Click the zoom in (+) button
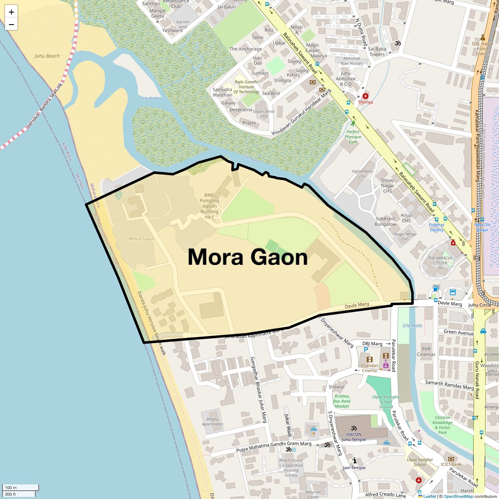(x=11, y=12)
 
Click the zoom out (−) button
(x=11, y=24)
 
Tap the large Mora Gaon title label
(x=247, y=257)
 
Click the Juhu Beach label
(x=47, y=56)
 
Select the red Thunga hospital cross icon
(x=365, y=96)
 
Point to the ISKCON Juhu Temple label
(x=353, y=437)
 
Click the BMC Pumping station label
(x=210, y=206)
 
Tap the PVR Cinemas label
(x=426, y=352)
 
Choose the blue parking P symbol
(x=366, y=350)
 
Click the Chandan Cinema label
(x=369, y=368)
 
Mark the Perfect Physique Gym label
(x=353, y=136)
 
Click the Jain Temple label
(x=354, y=467)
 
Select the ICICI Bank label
(x=451, y=464)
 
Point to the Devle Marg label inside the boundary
(x=357, y=305)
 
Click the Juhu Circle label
(x=479, y=305)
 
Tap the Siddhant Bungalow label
(x=385, y=221)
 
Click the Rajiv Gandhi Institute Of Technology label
(x=246, y=87)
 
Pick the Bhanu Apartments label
(x=212, y=422)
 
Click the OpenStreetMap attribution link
(x=458, y=496)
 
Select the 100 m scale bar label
(x=11, y=487)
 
